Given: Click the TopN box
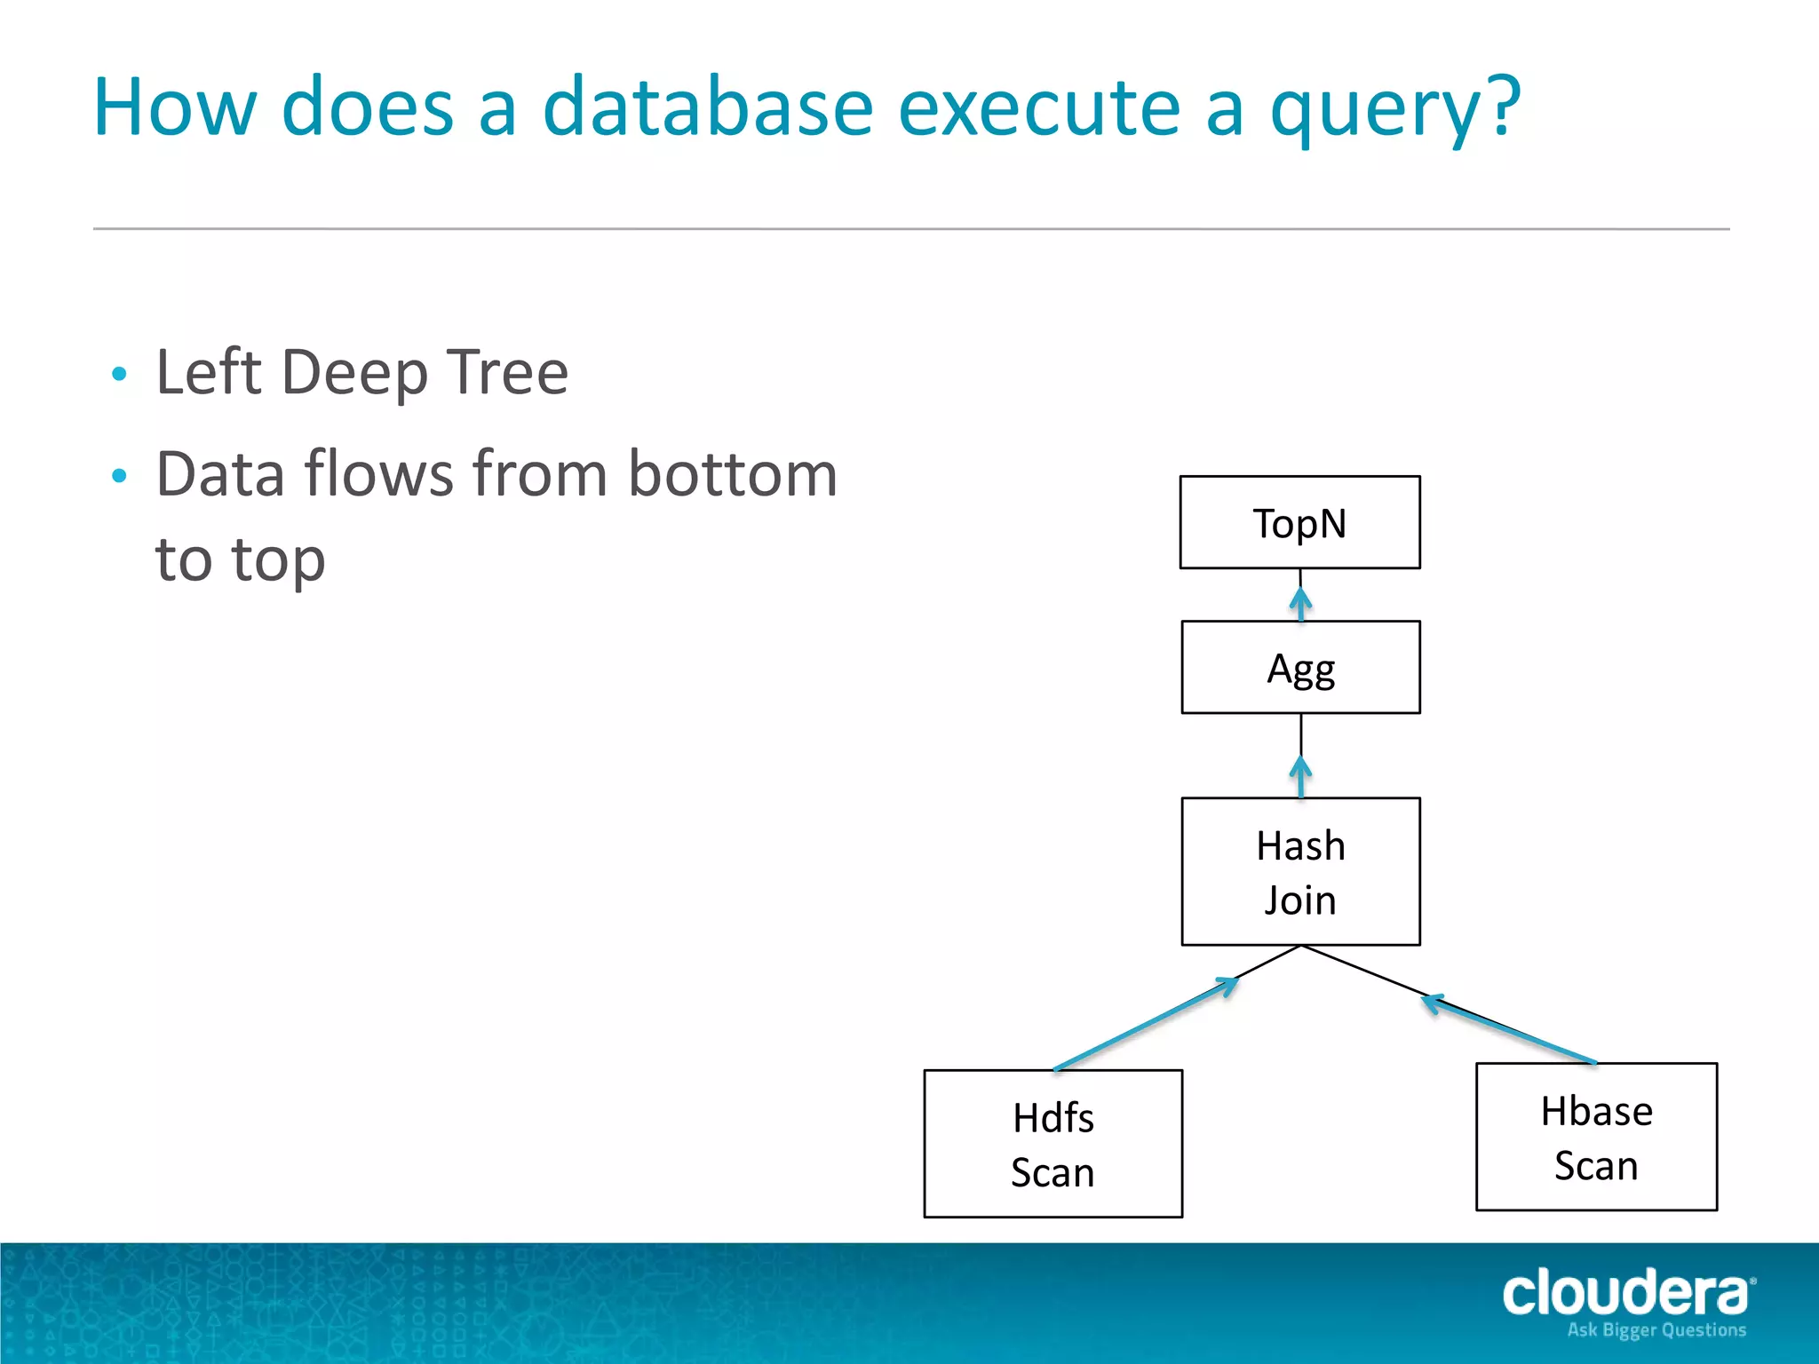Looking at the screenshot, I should (1299, 522).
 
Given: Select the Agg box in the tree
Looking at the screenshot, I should (1300, 667).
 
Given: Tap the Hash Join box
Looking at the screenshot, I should (1300, 871).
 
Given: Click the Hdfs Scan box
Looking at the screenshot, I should (1052, 1143).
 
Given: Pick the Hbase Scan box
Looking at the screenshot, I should (1596, 1137).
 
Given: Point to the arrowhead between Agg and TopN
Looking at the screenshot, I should (1301, 601).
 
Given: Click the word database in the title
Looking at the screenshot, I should (708, 107).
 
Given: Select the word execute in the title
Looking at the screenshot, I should (1039, 107).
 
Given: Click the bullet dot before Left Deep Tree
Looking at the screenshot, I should (120, 374).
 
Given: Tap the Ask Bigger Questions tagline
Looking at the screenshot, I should (1656, 1330).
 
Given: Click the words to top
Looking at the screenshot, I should (240, 560).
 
